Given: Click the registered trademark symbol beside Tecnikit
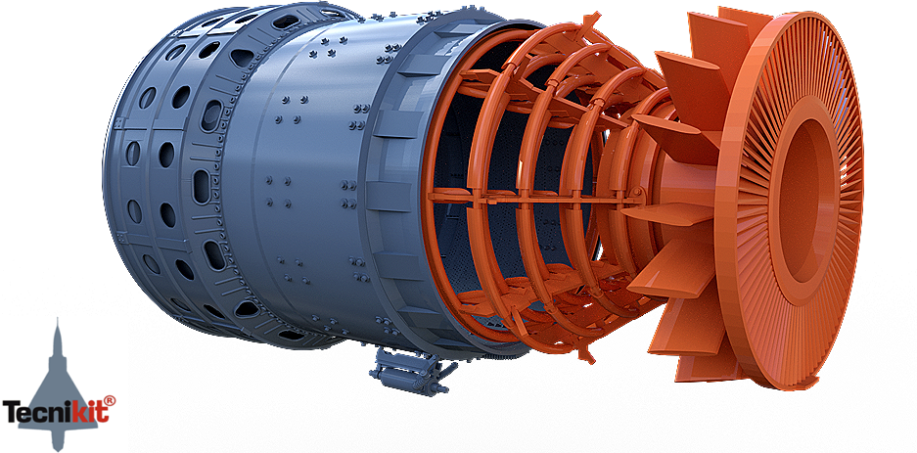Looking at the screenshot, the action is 110,400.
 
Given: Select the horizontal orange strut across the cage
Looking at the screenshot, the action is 532,199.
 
